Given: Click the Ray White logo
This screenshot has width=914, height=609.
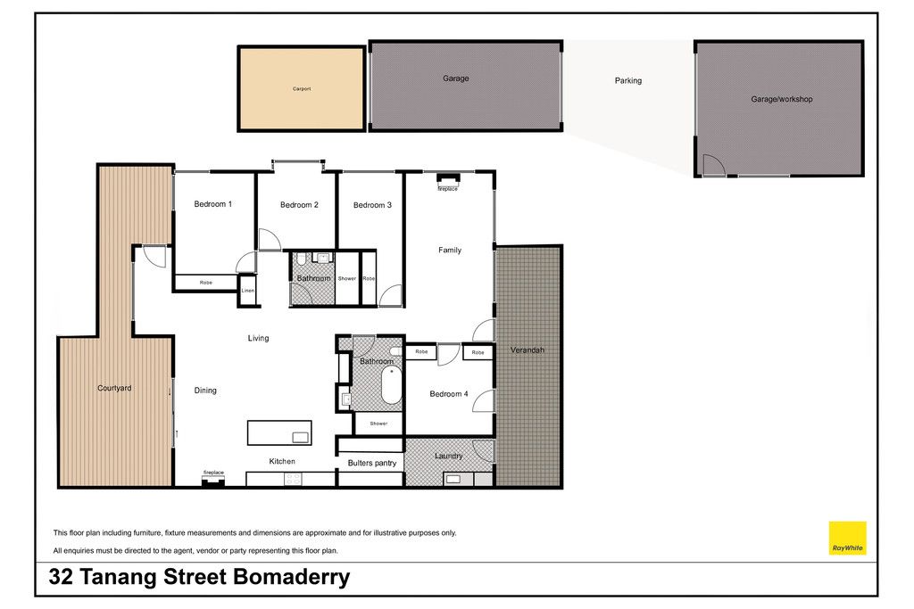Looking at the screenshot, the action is [848, 538].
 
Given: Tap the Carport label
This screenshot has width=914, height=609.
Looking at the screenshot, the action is [302, 89].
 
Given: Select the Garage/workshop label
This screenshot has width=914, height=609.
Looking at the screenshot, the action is [782, 100].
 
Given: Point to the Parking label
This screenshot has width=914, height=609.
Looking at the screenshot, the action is [628, 81].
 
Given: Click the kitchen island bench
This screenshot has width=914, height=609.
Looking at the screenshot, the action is [279, 432].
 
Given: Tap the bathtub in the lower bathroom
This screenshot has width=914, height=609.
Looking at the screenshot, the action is [392, 385].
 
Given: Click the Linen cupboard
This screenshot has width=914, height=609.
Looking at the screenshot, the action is [248, 290].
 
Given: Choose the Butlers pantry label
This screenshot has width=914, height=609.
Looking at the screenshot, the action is [372, 464].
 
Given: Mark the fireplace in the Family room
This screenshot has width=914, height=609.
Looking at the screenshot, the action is [448, 178].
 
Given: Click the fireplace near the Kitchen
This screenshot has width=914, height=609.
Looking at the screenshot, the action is [213, 481].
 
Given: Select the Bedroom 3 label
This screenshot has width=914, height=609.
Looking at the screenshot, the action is [372, 205].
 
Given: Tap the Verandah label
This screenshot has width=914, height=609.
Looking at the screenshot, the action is [528, 350].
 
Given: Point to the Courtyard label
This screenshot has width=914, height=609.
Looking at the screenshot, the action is [114, 389].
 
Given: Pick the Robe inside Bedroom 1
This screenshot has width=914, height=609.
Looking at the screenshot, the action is [206, 283].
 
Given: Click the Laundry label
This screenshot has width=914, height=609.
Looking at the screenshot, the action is [449, 456].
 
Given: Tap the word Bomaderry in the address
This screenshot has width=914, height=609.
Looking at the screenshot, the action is [292, 578].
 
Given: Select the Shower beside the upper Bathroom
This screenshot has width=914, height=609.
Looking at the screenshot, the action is [347, 278].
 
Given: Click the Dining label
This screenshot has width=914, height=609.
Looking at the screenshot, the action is [205, 391].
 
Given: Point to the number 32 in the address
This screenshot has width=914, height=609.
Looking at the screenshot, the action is [61, 577].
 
